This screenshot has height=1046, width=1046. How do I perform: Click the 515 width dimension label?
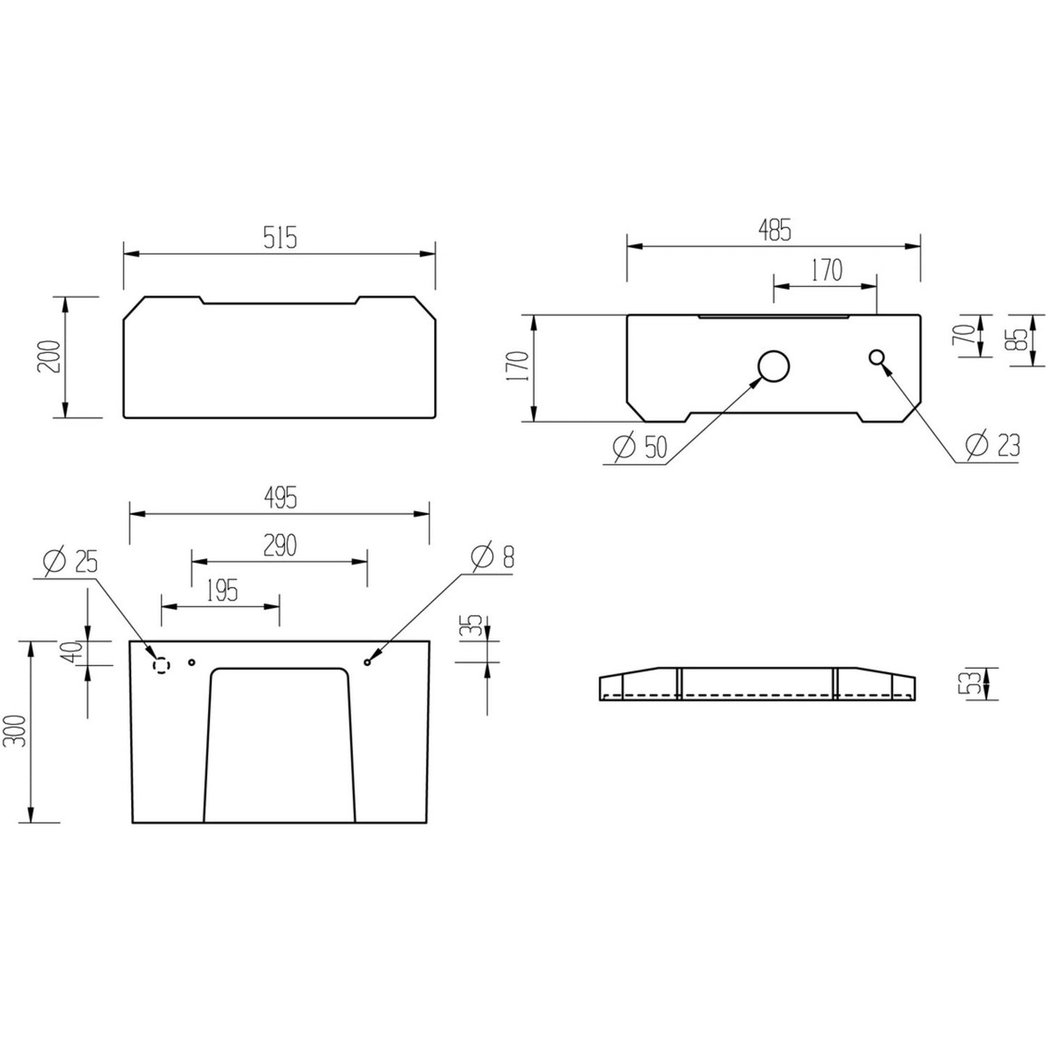click(x=280, y=237)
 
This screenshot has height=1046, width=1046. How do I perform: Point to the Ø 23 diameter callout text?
click(x=993, y=445)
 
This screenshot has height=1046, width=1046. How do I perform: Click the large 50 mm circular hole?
click(x=773, y=366)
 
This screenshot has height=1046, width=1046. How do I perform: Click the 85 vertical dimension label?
click(x=1019, y=340)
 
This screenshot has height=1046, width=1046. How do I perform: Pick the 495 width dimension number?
click(x=280, y=498)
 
